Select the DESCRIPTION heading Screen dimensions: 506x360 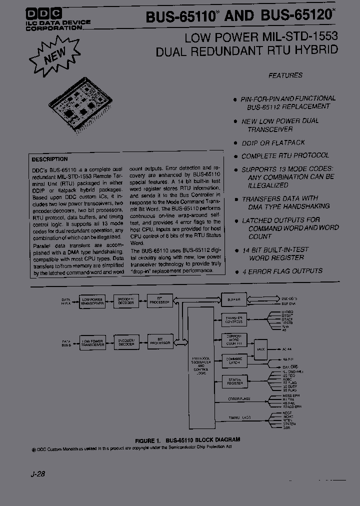[49, 159]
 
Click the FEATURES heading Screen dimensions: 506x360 [285, 75]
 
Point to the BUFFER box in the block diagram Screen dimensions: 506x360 [234, 300]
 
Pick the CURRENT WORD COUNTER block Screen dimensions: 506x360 [234, 340]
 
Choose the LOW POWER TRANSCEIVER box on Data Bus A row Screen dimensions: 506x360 [92, 301]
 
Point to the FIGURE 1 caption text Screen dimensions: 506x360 [187, 440]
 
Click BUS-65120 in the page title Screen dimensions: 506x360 [296, 16]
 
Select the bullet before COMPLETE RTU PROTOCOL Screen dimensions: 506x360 [235, 156]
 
